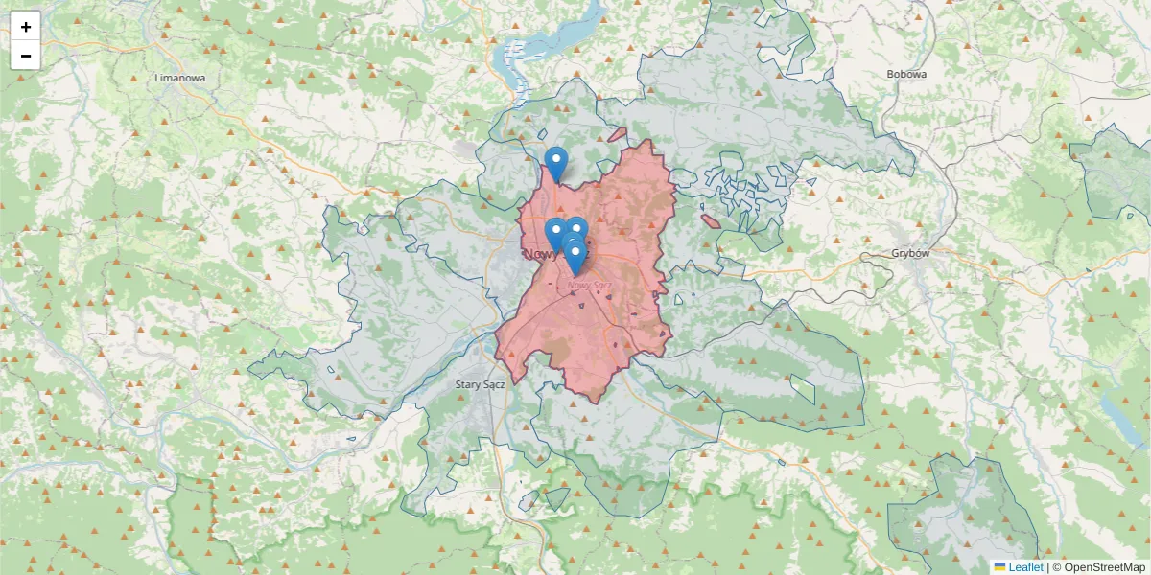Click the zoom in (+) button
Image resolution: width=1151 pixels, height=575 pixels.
26,27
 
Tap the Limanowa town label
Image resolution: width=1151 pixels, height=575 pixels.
180,78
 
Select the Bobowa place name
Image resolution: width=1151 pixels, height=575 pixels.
906,74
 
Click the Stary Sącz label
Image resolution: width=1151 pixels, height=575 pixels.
481,384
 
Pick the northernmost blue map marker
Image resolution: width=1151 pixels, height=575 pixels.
555,161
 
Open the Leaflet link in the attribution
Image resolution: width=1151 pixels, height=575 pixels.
1025,567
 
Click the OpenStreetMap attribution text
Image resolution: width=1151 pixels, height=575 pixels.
1099,567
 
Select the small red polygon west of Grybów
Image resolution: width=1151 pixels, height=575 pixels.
711,221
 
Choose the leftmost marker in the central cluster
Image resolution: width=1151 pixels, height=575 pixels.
555,233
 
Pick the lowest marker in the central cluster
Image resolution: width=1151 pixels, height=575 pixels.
575,256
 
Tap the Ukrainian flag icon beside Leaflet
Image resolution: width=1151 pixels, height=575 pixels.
999,567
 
